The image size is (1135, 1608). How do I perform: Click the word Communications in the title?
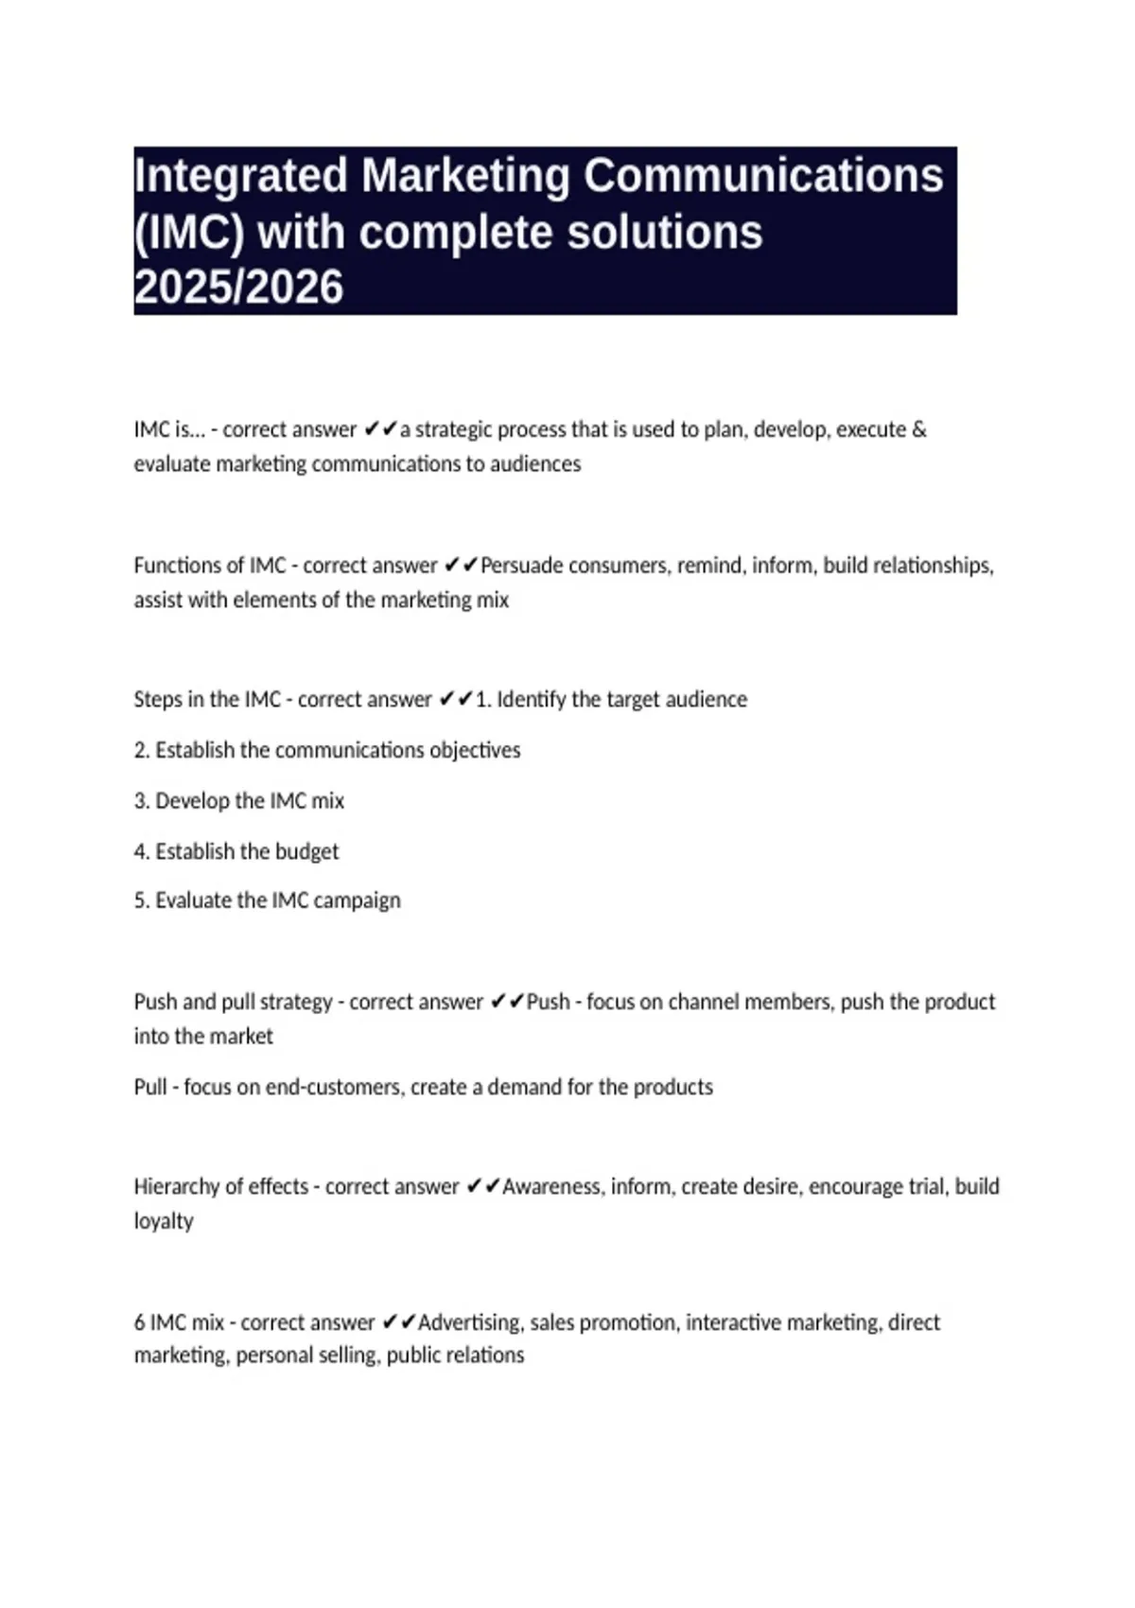(x=763, y=176)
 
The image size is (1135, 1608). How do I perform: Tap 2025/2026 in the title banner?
(x=238, y=288)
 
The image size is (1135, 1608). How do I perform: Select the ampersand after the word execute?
(x=919, y=429)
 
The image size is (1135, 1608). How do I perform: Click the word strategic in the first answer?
(x=453, y=429)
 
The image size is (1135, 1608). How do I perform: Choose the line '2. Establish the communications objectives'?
(x=327, y=750)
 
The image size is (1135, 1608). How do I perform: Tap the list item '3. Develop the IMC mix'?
(x=239, y=801)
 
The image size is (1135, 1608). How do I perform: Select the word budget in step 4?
(x=306, y=851)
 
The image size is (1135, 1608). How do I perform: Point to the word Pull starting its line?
(x=150, y=1087)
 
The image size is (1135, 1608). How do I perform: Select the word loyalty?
(x=164, y=1221)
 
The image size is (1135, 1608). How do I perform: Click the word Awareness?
(x=551, y=1186)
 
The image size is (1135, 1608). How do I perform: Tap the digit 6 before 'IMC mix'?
(x=139, y=1322)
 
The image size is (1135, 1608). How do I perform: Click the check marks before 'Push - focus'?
(x=507, y=1002)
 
